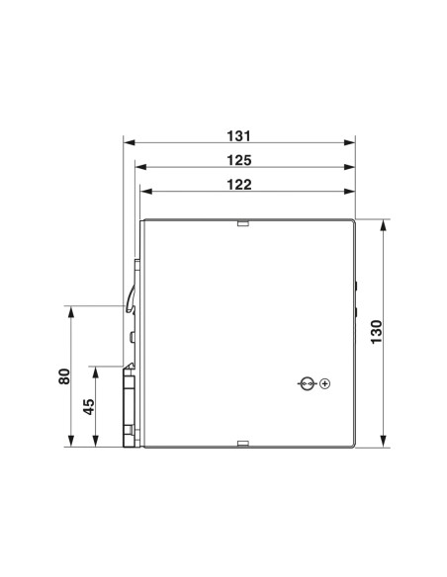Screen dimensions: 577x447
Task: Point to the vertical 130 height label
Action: click(x=375, y=331)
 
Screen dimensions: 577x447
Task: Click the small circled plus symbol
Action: click(x=324, y=383)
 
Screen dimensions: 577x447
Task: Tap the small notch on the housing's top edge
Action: click(x=241, y=223)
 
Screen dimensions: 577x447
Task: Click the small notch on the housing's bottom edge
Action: click(x=241, y=443)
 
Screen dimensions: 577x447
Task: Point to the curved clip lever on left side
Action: click(x=131, y=296)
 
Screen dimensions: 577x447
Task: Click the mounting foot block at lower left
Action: click(x=130, y=405)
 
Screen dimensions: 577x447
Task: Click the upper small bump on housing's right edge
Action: click(x=357, y=287)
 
